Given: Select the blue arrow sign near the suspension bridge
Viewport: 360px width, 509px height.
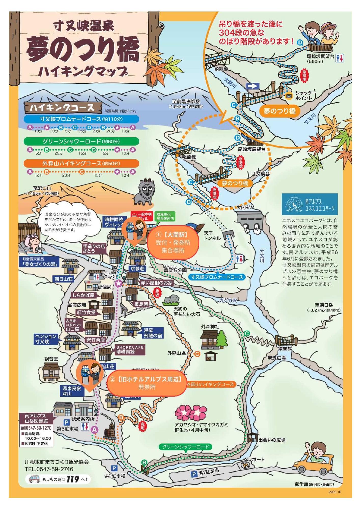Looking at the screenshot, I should click(x=253, y=86).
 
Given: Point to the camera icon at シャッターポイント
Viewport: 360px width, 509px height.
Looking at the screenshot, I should click(x=289, y=96).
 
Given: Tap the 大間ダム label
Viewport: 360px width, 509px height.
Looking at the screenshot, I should click(x=245, y=207).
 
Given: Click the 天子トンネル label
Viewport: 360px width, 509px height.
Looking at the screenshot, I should click(x=212, y=236).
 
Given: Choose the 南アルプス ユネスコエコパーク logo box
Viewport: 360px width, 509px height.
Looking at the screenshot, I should click(x=310, y=204).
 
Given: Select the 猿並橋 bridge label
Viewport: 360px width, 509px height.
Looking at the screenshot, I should click(x=285, y=349).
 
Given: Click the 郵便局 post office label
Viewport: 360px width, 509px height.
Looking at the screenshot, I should click(x=105, y=287).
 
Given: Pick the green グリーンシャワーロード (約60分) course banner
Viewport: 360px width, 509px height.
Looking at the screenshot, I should click(x=81, y=141).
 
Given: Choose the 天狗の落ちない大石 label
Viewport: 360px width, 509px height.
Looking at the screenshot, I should click(x=187, y=312).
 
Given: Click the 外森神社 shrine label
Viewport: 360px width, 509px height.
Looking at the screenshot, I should click(x=210, y=327).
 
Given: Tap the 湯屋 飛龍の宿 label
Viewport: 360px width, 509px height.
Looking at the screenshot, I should click(x=153, y=333).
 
